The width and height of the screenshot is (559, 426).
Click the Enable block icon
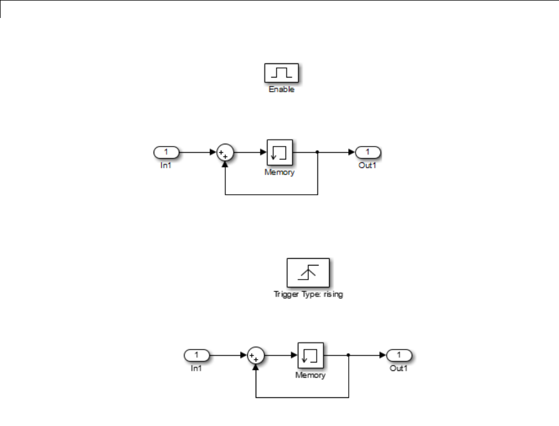pyautogui.click(x=281, y=73)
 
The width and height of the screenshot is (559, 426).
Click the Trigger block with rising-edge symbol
pyautogui.click(x=308, y=273)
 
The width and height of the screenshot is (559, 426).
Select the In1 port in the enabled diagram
pyautogui.click(x=165, y=152)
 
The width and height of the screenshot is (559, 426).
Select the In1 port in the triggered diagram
pyautogui.click(x=197, y=355)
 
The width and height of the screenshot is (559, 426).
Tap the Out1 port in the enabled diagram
pyautogui.click(x=368, y=152)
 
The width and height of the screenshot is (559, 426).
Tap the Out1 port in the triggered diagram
pyautogui.click(x=399, y=355)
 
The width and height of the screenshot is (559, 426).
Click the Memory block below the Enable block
pyautogui.click(x=280, y=153)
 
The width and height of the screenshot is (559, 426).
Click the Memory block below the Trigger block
pyautogui.click(x=311, y=355)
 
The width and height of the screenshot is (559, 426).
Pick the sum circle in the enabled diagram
pyautogui.click(x=225, y=153)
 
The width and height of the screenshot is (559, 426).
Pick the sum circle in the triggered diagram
pyautogui.click(x=256, y=355)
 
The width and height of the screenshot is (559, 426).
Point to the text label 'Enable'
pyautogui.click(x=281, y=90)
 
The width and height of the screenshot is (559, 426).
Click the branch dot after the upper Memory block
pyautogui.click(x=318, y=152)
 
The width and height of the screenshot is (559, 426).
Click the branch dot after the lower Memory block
pyautogui.click(x=349, y=355)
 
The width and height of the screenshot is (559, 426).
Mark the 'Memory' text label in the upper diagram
pyautogui.click(x=280, y=172)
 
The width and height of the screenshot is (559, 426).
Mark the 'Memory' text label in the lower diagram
pyautogui.click(x=311, y=375)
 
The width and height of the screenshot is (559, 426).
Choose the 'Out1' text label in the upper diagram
pyautogui.click(x=367, y=166)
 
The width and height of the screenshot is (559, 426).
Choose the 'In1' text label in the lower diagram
pyautogui.click(x=196, y=368)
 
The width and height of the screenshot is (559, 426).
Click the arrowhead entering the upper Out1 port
pyautogui.click(x=352, y=152)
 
